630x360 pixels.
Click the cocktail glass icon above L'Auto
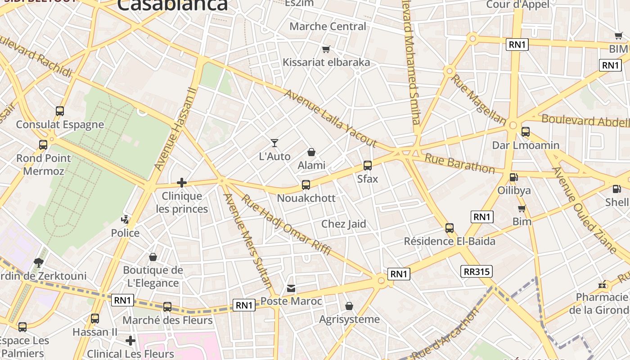[x=274, y=143]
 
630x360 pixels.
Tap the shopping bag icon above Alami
[x=311, y=153]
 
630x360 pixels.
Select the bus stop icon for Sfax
[x=368, y=166]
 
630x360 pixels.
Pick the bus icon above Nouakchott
[x=306, y=185]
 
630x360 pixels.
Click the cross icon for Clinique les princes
[x=182, y=182]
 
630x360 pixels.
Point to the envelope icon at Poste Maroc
[x=292, y=288]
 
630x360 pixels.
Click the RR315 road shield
[x=477, y=271]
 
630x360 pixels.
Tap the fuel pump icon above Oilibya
[x=513, y=177]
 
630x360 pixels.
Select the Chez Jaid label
[x=344, y=224]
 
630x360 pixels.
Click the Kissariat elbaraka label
[x=326, y=62]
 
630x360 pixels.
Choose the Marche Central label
[x=328, y=26]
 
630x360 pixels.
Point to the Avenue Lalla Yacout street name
[x=330, y=118]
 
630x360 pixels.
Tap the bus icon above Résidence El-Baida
[x=449, y=228]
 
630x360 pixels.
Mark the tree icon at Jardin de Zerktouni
[x=39, y=262]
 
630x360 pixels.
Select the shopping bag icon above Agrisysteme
[x=349, y=306]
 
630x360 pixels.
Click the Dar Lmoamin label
[x=526, y=145]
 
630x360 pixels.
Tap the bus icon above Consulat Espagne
[x=60, y=111]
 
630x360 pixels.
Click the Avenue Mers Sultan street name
[x=248, y=241]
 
